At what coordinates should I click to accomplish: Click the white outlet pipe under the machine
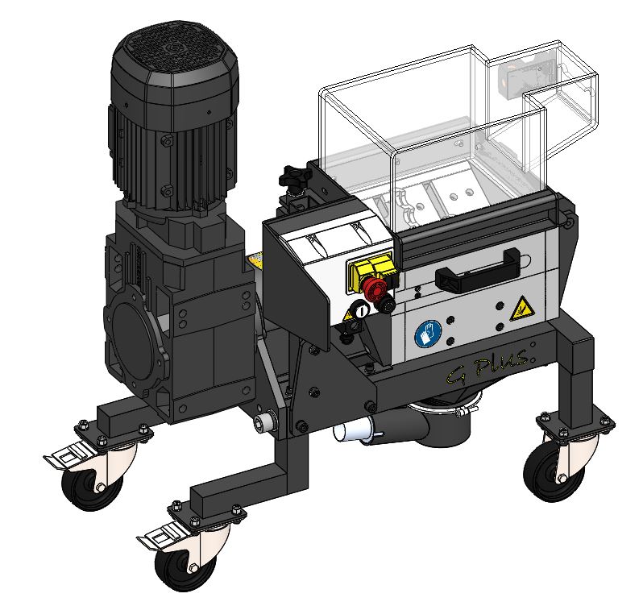pyautogui.click(x=351, y=432)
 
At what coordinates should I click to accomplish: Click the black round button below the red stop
pyautogui.click(x=387, y=304)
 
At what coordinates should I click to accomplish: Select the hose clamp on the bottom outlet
pyautogui.click(x=458, y=416)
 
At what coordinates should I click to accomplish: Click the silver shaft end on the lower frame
pyautogui.click(x=261, y=423)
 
